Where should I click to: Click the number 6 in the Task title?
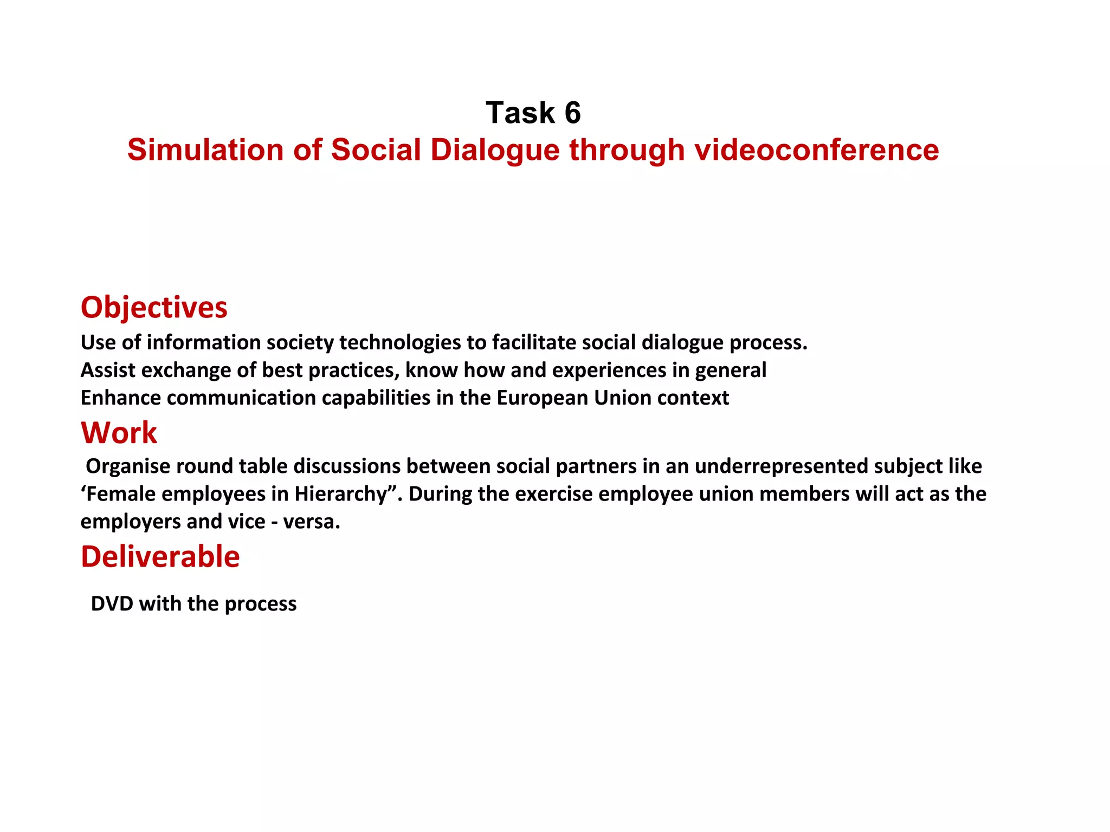click(572, 113)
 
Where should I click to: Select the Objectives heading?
click(154, 307)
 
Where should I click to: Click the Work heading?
click(119, 433)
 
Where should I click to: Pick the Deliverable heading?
click(160, 556)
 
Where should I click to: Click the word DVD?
click(112, 603)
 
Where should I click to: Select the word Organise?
click(128, 466)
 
